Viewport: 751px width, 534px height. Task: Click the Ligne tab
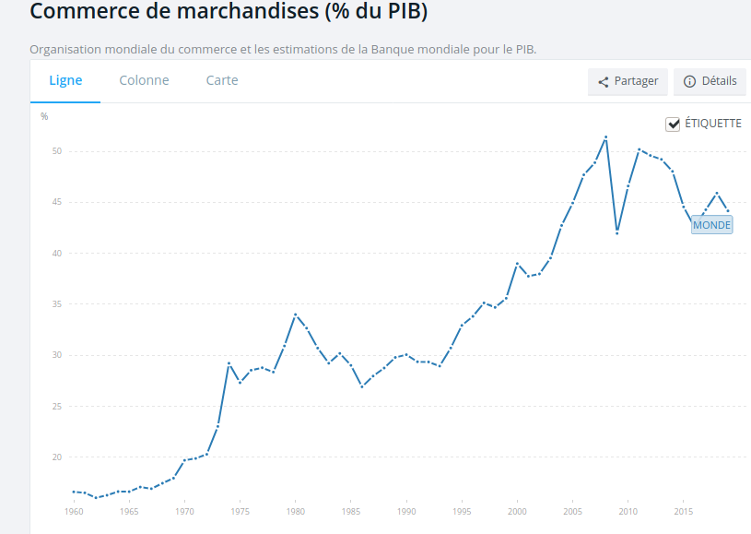tap(65, 80)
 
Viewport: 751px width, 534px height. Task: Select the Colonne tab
tap(144, 80)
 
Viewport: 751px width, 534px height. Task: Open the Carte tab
tap(222, 80)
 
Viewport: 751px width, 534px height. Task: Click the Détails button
tap(710, 81)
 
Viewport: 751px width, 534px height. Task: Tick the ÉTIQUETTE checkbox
tap(673, 124)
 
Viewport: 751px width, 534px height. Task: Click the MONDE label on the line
tap(711, 225)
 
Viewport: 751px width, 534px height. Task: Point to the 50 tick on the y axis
tap(55, 151)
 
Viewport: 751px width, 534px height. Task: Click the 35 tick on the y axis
tap(55, 304)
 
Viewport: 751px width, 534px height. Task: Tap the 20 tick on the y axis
tap(55, 457)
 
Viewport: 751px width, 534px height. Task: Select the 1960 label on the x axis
tap(74, 511)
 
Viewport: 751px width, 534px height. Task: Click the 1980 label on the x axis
tap(295, 511)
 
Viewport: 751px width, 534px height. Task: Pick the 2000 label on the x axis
tap(517, 511)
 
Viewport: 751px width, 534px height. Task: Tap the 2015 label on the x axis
tap(683, 511)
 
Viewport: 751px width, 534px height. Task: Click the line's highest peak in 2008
tap(605, 137)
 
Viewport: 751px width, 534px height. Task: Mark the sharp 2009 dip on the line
tap(616, 233)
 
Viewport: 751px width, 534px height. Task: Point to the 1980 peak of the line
tap(295, 314)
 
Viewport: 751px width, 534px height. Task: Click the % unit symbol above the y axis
tap(44, 116)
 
